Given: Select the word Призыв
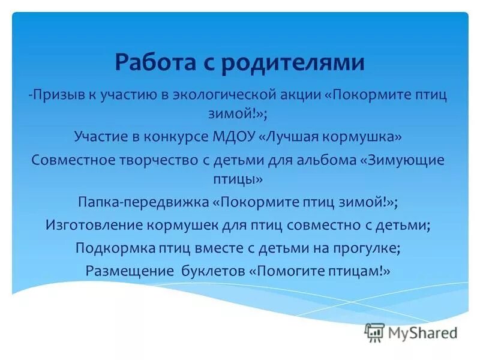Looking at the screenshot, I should [x=57, y=95].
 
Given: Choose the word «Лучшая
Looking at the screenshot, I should [x=292, y=137].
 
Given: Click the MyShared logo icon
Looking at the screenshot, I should [x=374, y=332].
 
